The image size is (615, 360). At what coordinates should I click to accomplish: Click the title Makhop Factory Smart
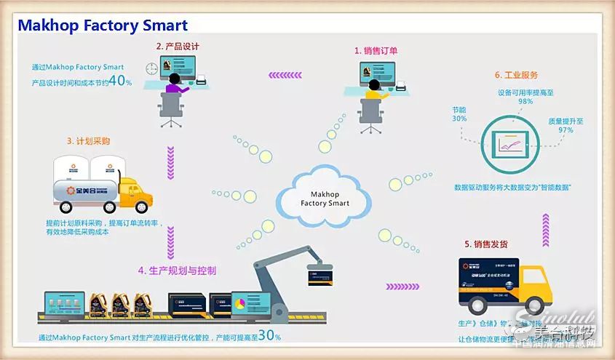(103, 25)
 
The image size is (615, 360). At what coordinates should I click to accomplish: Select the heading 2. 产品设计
(178, 46)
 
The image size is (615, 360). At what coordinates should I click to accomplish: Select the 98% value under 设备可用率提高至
(525, 102)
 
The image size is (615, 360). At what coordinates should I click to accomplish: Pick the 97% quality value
(565, 130)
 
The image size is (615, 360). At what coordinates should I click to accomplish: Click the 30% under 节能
(459, 118)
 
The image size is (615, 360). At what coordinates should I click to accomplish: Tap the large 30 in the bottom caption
(267, 335)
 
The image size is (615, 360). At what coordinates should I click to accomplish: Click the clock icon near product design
(151, 68)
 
